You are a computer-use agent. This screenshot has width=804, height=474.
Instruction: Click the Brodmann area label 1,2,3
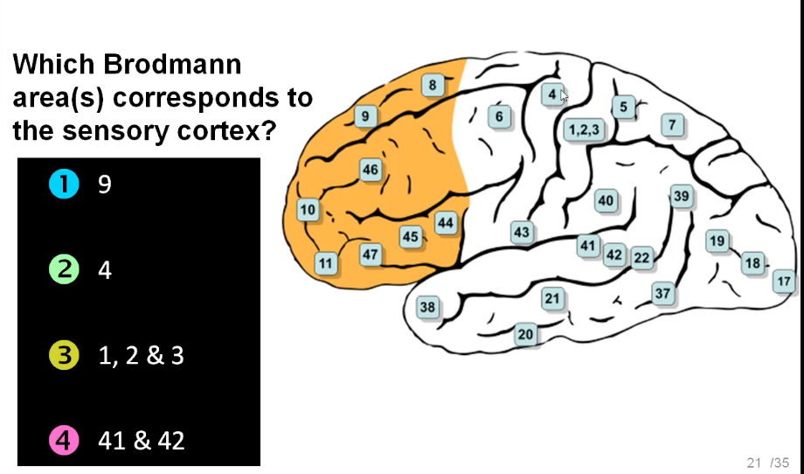[584, 130]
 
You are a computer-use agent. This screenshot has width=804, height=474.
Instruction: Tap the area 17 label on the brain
[784, 282]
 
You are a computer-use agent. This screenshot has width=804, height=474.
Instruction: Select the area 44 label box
[446, 223]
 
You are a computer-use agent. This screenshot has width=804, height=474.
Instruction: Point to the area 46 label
[371, 170]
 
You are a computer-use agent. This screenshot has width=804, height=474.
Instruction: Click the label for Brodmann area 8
[433, 85]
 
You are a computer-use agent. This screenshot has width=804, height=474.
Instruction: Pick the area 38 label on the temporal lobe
[427, 307]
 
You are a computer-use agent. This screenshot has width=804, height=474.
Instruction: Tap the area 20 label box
[525, 334]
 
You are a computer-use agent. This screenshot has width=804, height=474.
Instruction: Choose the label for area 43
[522, 233]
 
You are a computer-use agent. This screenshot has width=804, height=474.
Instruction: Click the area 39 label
[682, 196]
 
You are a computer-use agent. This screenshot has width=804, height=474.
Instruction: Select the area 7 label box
[672, 125]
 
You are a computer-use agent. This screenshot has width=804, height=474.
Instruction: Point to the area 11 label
[325, 262]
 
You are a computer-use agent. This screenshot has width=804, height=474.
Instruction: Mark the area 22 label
[641, 257]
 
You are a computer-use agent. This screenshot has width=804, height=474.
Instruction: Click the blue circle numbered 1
[64, 184]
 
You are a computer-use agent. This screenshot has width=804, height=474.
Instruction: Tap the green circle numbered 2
[64, 270]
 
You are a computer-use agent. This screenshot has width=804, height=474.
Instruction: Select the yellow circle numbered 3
[64, 356]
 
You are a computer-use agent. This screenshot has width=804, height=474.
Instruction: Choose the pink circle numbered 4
[64, 441]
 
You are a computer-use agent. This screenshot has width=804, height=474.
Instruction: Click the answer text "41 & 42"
[142, 441]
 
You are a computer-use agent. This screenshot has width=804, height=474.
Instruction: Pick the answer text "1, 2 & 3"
[142, 356]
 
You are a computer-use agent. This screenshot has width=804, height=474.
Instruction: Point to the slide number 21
[754, 462]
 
